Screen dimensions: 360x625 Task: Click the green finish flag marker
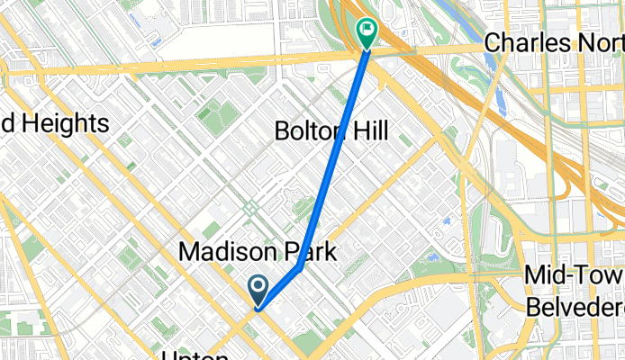(x=367, y=32)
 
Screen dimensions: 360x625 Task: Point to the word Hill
(x=370, y=132)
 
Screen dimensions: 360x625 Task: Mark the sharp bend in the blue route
(x=299, y=267)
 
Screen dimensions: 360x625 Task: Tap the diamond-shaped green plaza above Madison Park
(x=249, y=209)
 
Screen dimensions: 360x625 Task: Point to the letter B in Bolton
(x=280, y=132)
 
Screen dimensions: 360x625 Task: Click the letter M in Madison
(x=188, y=253)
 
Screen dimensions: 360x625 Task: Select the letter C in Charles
(x=493, y=42)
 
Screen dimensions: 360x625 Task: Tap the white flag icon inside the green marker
(x=367, y=29)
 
